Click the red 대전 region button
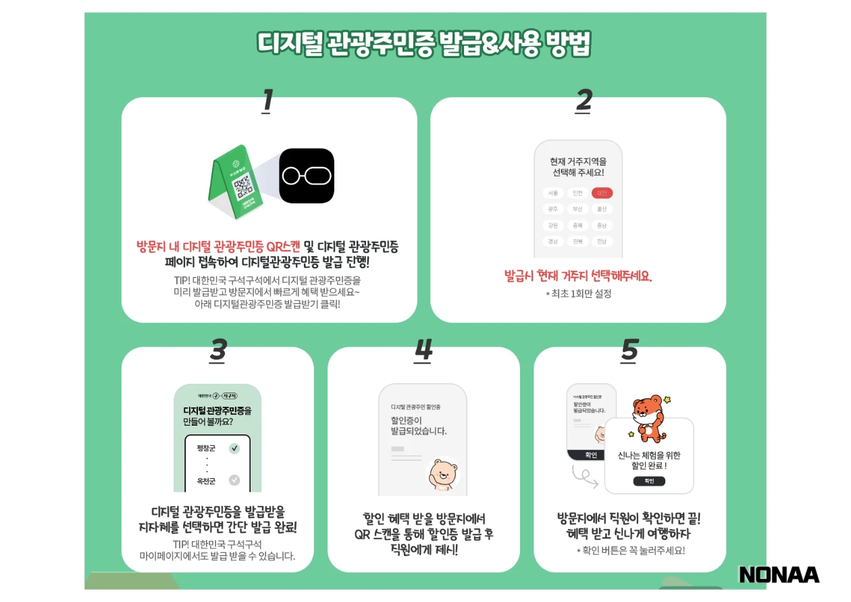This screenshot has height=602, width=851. point(602,193)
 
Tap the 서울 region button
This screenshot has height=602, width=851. point(553,193)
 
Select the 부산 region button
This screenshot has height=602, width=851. point(577,209)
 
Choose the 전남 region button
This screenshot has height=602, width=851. point(602,241)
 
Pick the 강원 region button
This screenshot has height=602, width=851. point(553,226)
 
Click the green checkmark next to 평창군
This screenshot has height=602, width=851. point(234,448)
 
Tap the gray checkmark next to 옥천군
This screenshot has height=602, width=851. point(234,480)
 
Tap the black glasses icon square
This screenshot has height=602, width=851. point(307,176)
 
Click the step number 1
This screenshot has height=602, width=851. point(267,101)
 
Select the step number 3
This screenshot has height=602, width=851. point(217,351)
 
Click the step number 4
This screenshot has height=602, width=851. point(423,351)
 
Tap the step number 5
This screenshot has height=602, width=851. point(629,351)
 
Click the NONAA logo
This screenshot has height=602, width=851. point(779,575)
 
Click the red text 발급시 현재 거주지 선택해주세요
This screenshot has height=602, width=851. point(578,276)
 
